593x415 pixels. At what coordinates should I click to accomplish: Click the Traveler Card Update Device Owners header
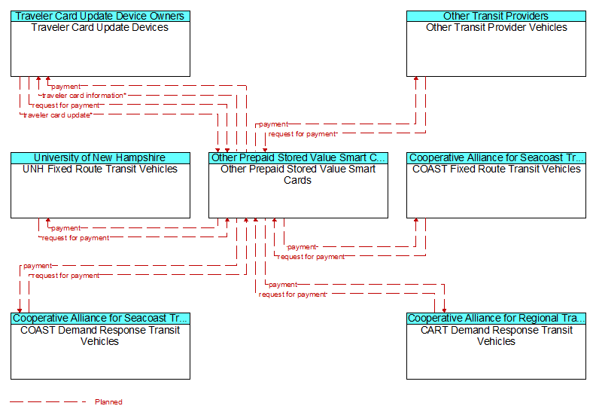pos(100,16)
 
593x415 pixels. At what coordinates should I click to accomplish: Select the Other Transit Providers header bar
pos(496,16)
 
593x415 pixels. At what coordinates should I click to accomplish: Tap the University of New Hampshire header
pos(100,157)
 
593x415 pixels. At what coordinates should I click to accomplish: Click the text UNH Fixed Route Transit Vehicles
pos(100,169)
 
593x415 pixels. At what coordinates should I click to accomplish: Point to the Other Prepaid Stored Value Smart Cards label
pos(298,175)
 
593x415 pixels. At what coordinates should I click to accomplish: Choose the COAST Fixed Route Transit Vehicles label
pos(496,169)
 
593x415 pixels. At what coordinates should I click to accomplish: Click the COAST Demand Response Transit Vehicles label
pos(100,335)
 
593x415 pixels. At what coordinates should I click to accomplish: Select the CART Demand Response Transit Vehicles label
pos(496,335)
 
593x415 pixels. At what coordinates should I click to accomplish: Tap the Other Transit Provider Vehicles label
pos(496,27)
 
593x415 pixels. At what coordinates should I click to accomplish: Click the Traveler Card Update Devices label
pos(100,27)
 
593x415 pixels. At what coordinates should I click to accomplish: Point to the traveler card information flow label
pos(84,96)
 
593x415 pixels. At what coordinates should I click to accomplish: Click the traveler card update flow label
pos(57,115)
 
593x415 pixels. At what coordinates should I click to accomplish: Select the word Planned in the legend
pos(108,401)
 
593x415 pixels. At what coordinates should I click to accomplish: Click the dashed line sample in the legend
pos(47,401)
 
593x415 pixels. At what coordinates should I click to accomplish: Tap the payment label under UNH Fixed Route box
pos(65,228)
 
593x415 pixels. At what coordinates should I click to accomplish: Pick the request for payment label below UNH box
pos(75,238)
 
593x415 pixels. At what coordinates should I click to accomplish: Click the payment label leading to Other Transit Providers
pos(273,124)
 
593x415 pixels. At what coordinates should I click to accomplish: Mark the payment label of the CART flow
pos(283,285)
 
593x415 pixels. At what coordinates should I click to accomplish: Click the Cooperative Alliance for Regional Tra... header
pos(496,318)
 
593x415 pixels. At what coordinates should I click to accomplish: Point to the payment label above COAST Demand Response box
pos(38,266)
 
